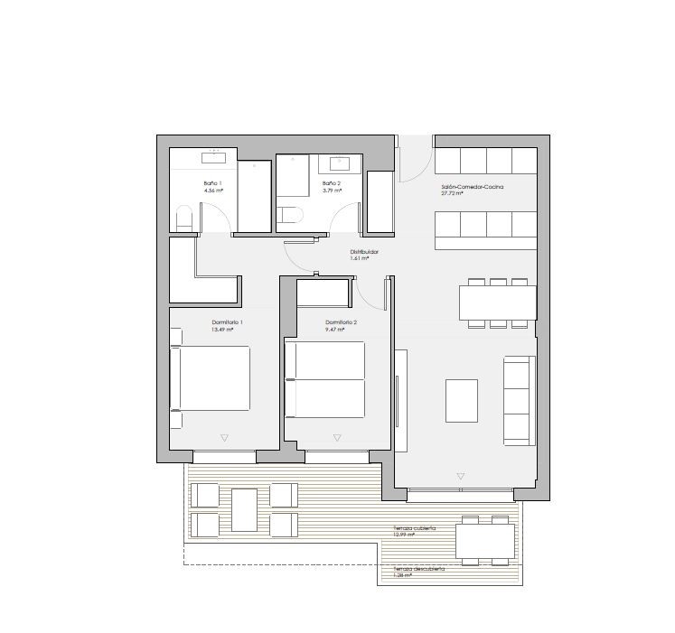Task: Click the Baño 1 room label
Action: click(x=213, y=183)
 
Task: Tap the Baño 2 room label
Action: click(x=332, y=183)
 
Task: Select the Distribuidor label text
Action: click(x=364, y=252)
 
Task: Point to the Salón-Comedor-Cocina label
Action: click(x=472, y=187)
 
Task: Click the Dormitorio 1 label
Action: click(x=227, y=322)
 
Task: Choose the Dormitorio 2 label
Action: click(x=342, y=322)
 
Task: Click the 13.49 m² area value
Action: click(x=222, y=330)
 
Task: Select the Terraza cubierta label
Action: click(x=415, y=528)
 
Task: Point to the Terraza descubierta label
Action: click(x=418, y=569)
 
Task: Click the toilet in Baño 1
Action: click(x=183, y=219)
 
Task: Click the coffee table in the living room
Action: click(x=462, y=400)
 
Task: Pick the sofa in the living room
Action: click(x=519, y=399)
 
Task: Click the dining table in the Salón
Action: click(x=497, y=303)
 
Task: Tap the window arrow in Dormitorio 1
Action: click(x=224, y=438)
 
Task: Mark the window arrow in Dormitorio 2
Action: click(x=337, y=438)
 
